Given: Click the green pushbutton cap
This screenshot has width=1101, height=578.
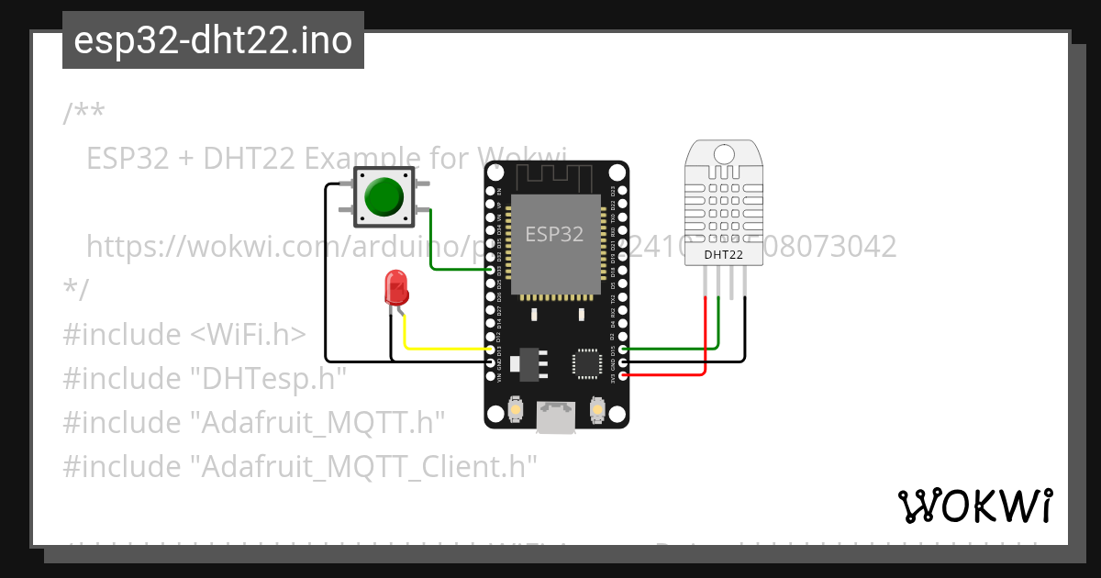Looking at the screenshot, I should click(384, 195).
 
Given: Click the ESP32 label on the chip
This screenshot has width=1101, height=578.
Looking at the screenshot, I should click(554, 234).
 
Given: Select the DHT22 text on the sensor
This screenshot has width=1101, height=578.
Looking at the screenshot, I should click(723, 254).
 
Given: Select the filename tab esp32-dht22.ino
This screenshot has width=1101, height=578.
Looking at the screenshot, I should click(213, 40).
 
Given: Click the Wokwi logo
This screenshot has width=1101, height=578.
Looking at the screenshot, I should click(974, 506).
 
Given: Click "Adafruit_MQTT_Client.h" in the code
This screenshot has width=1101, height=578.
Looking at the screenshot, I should click(363, 467).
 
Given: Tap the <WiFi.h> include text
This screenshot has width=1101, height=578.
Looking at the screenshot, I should click(248, 335).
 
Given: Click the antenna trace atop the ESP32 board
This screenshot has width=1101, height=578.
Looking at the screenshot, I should click(556, 174).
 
